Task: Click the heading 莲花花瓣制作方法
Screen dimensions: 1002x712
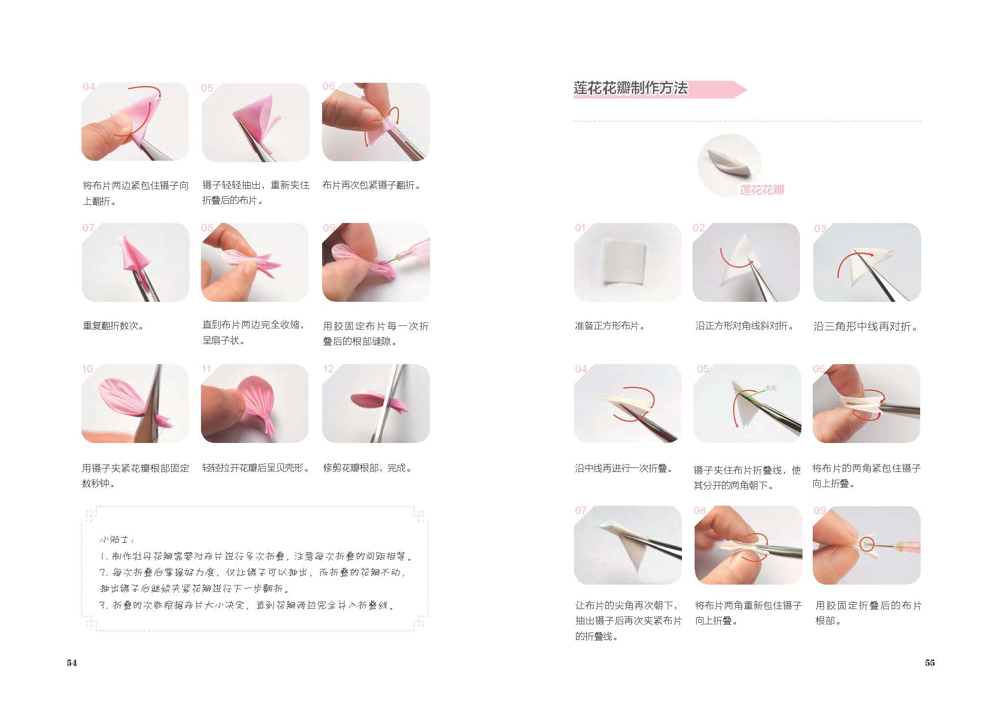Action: click(x=630, y=88)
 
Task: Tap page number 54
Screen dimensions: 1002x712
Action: click(x=72, y=663)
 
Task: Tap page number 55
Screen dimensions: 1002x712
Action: click(x=930, y=663)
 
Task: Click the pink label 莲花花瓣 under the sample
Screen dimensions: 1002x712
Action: click(x=762, y=190)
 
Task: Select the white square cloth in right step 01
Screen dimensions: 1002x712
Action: click(x=624, y=262)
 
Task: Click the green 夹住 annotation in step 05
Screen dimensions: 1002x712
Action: click(x=771, y=388)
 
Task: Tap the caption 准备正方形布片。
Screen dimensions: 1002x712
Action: click(x=610, y=326)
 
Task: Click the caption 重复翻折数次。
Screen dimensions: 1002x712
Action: click(x=113, y=326)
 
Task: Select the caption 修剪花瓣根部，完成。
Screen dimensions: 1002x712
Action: click(x=368, y=468)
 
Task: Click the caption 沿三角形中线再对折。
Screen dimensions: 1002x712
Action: click(x=866, y=326)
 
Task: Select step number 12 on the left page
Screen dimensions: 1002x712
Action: click(x=328, y=369)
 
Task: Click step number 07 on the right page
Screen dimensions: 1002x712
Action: click(x=581, y=511)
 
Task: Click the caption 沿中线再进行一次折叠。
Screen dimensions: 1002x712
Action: click(x=624, y=468)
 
